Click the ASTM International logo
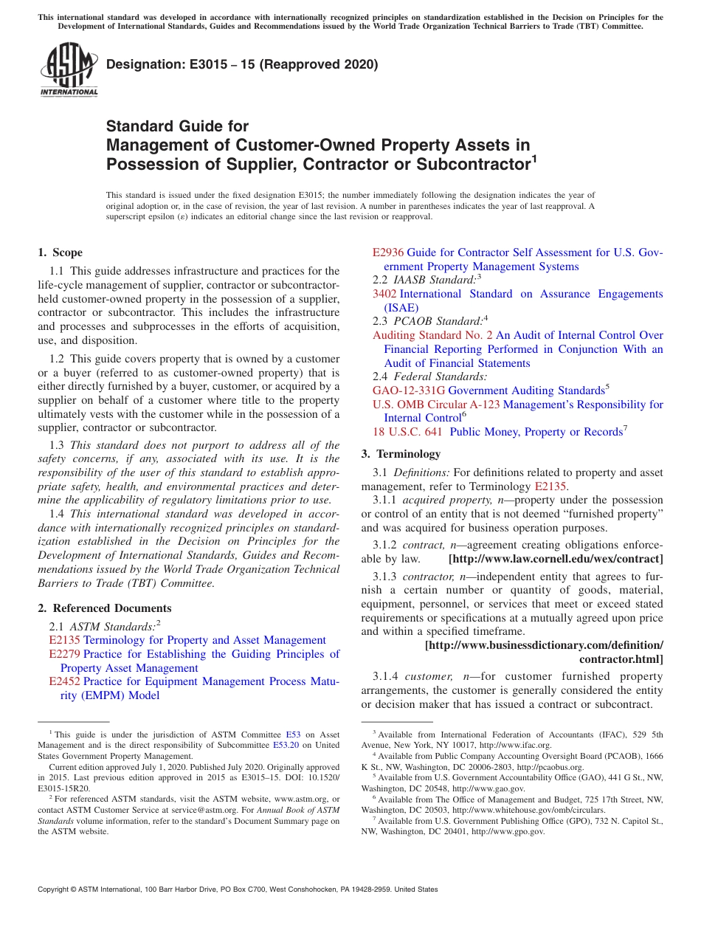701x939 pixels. click(69, 70)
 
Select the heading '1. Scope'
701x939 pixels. click(61, 252)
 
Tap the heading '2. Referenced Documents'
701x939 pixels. click(105, 608)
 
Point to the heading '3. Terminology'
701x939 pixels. click(401, 454)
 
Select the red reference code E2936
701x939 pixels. click(388, 252)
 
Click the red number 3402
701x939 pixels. click(384, 294)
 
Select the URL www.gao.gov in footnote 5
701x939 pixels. click(503, 788)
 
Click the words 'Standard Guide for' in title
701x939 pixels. click(177, 126)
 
